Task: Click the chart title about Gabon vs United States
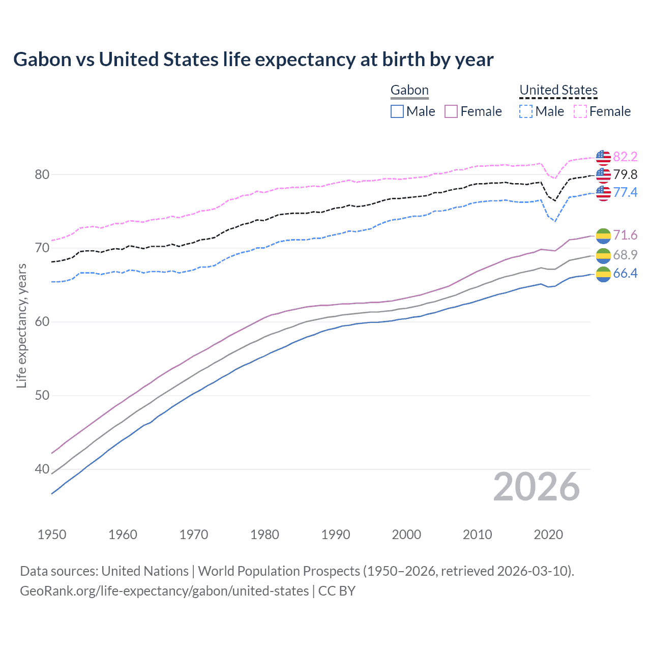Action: (253, 60)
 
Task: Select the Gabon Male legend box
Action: (397, 111)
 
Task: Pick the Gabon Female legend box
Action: (451, 111)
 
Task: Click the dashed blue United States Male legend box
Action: (526, 111)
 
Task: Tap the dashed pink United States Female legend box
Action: (580, 111)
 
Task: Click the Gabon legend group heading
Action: (409, 91)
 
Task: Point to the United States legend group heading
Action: (558, 91)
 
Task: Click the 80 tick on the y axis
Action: (42, 174)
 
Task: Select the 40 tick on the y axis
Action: (42, 469)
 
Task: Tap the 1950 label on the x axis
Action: (52, 535)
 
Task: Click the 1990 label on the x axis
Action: (336, 535)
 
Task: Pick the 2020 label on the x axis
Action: (548, 535)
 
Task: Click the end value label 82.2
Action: (625, 157)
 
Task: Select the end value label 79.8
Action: (625, 175)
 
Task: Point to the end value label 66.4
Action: (625, 274)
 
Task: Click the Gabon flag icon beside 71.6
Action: (603, 235)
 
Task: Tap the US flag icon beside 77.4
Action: (603, 193)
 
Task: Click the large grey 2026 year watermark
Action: (536, 487)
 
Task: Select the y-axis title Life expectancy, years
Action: (21, 325)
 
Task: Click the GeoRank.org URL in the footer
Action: (164, 591)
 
